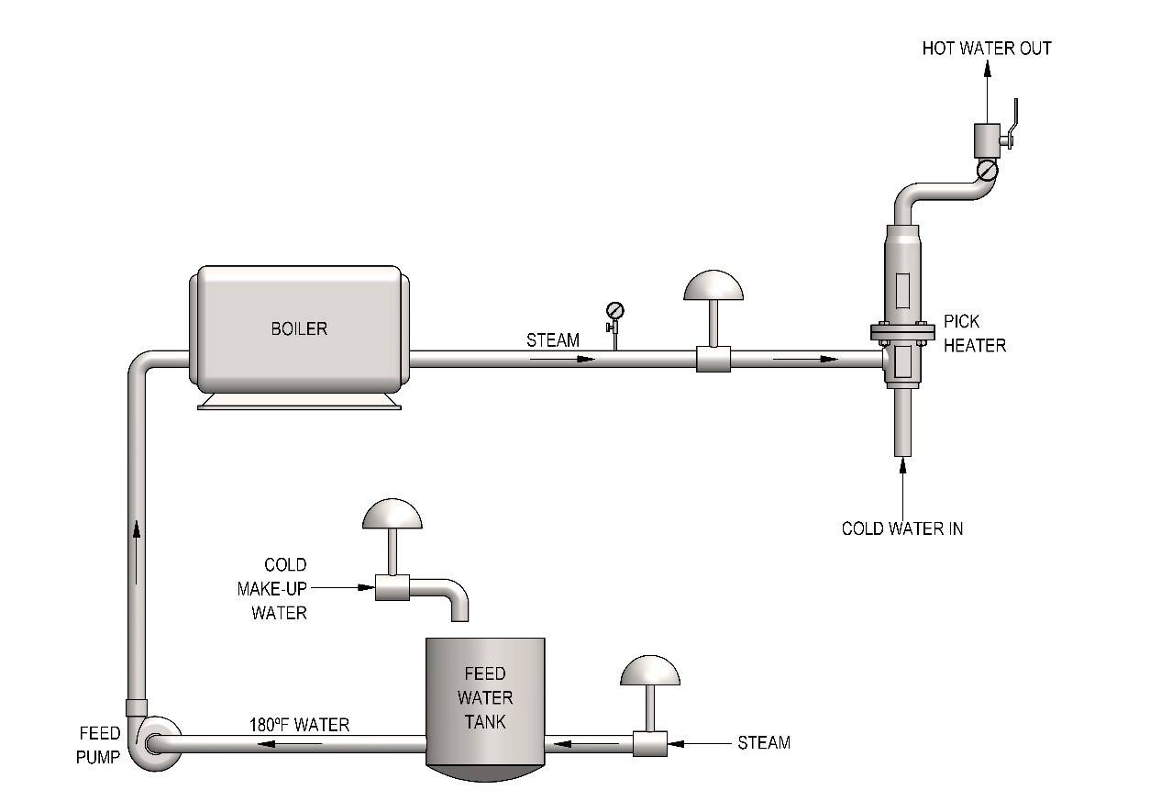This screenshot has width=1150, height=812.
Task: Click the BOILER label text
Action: point(299,328)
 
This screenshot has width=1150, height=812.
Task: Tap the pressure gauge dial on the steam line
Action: point(614,310)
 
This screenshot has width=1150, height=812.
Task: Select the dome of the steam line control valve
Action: point(713,285)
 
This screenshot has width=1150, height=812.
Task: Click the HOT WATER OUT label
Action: point(986,49)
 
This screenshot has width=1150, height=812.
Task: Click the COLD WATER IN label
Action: point(902,528)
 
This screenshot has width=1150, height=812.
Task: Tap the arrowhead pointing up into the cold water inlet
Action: point(903,464)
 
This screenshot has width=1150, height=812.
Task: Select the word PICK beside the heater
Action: point(962,321)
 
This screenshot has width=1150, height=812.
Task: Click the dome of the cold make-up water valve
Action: point(393,514)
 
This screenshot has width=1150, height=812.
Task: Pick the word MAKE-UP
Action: point(271,588)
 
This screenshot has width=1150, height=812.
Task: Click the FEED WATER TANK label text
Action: point(484,697)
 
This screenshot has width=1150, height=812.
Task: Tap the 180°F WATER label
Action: point(299,725)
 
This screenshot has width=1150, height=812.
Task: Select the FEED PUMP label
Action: point(98,745)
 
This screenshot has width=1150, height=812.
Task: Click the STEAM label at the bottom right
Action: point(763,742)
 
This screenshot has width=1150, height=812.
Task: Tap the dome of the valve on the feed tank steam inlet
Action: point(650,671)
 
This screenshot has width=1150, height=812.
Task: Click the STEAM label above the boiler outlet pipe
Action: point(553,340)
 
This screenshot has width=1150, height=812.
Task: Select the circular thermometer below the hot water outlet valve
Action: point(987,171)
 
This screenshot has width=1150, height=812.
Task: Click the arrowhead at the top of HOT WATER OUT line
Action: point(988,69)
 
